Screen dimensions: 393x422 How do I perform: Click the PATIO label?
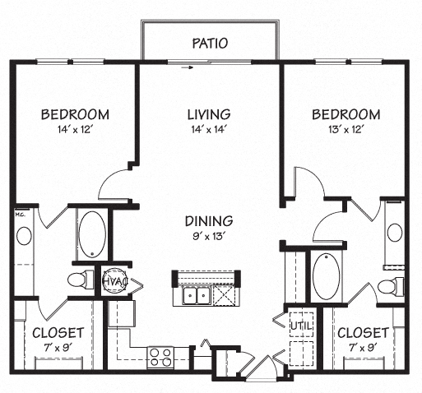click(x=210, y=43)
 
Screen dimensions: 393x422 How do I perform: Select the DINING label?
click(x=209, y=220)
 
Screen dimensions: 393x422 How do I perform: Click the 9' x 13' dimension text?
click(x=209, y=237)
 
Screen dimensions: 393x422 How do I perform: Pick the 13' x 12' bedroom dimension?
click(x=345, y=130)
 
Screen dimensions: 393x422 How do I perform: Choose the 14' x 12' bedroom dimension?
click(x=75, y=130)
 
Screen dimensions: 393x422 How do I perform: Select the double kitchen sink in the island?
click(x=195, y=296)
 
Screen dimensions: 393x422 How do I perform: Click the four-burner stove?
click(x=160, y=356)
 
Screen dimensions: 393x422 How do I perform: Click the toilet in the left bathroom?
click(x=77, y=280)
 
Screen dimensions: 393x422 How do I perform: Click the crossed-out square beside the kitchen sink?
click(x=222, y=296)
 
